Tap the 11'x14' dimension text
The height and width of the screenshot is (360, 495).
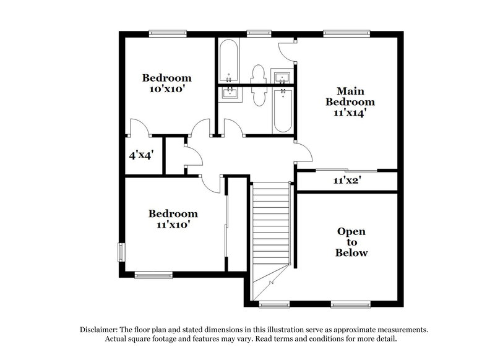point(350,113)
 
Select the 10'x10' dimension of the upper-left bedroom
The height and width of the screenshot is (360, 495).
point(166,88)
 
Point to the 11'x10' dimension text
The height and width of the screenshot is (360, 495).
point(173,225)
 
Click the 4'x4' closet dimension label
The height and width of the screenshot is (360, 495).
point(140,156)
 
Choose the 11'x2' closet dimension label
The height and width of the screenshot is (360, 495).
point(346,181)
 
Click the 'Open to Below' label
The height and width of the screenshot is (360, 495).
point(351,242)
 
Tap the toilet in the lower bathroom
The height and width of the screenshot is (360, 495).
point(257,98)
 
